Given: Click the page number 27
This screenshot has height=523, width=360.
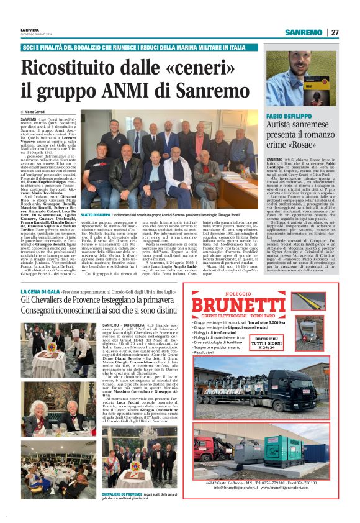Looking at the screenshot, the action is (335, 32).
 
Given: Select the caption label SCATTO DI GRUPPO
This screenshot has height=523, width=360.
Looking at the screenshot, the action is (96, 214).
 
